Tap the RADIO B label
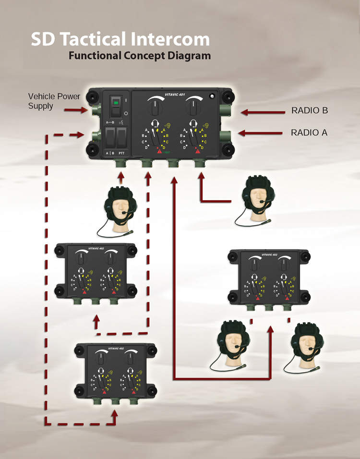pyautogui.click(x=310, y=111)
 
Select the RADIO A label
pyautogui.click(x=309, y=132)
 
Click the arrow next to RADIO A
pyautogui.click(x=257, y=133)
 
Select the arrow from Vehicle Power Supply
pyautogui.click(x=77, y=110)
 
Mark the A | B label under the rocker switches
pyautogui.click(x=110, y=153)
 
